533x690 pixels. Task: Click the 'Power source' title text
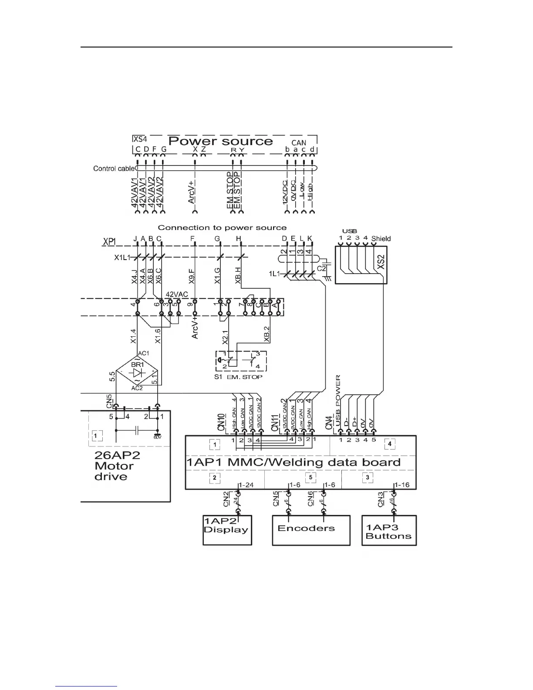220,141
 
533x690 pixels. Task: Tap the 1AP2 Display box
227,530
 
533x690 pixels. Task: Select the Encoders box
311,530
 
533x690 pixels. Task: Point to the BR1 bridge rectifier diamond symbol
137,372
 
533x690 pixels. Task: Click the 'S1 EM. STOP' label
238,377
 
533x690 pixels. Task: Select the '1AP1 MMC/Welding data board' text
293,462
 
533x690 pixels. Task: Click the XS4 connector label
140,140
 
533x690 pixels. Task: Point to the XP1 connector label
110,241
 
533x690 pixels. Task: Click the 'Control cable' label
114,169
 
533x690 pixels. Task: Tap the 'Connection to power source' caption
222,228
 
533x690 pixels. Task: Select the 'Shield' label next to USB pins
381,239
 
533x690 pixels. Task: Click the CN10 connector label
222,423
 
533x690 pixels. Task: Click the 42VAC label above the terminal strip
177,294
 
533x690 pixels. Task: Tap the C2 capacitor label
321,269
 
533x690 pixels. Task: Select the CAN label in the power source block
299,143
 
